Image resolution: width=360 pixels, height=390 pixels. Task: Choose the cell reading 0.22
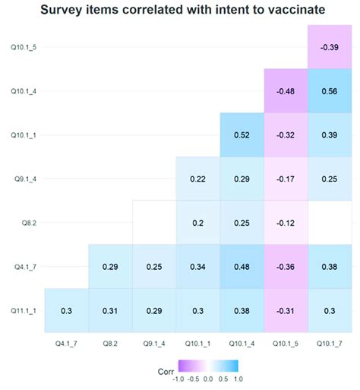[197, 179]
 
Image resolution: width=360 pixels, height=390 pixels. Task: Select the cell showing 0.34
[197, 266]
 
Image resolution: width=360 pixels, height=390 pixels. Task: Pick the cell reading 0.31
[110, 310]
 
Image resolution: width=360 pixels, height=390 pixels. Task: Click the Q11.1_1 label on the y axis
[23, 310]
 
